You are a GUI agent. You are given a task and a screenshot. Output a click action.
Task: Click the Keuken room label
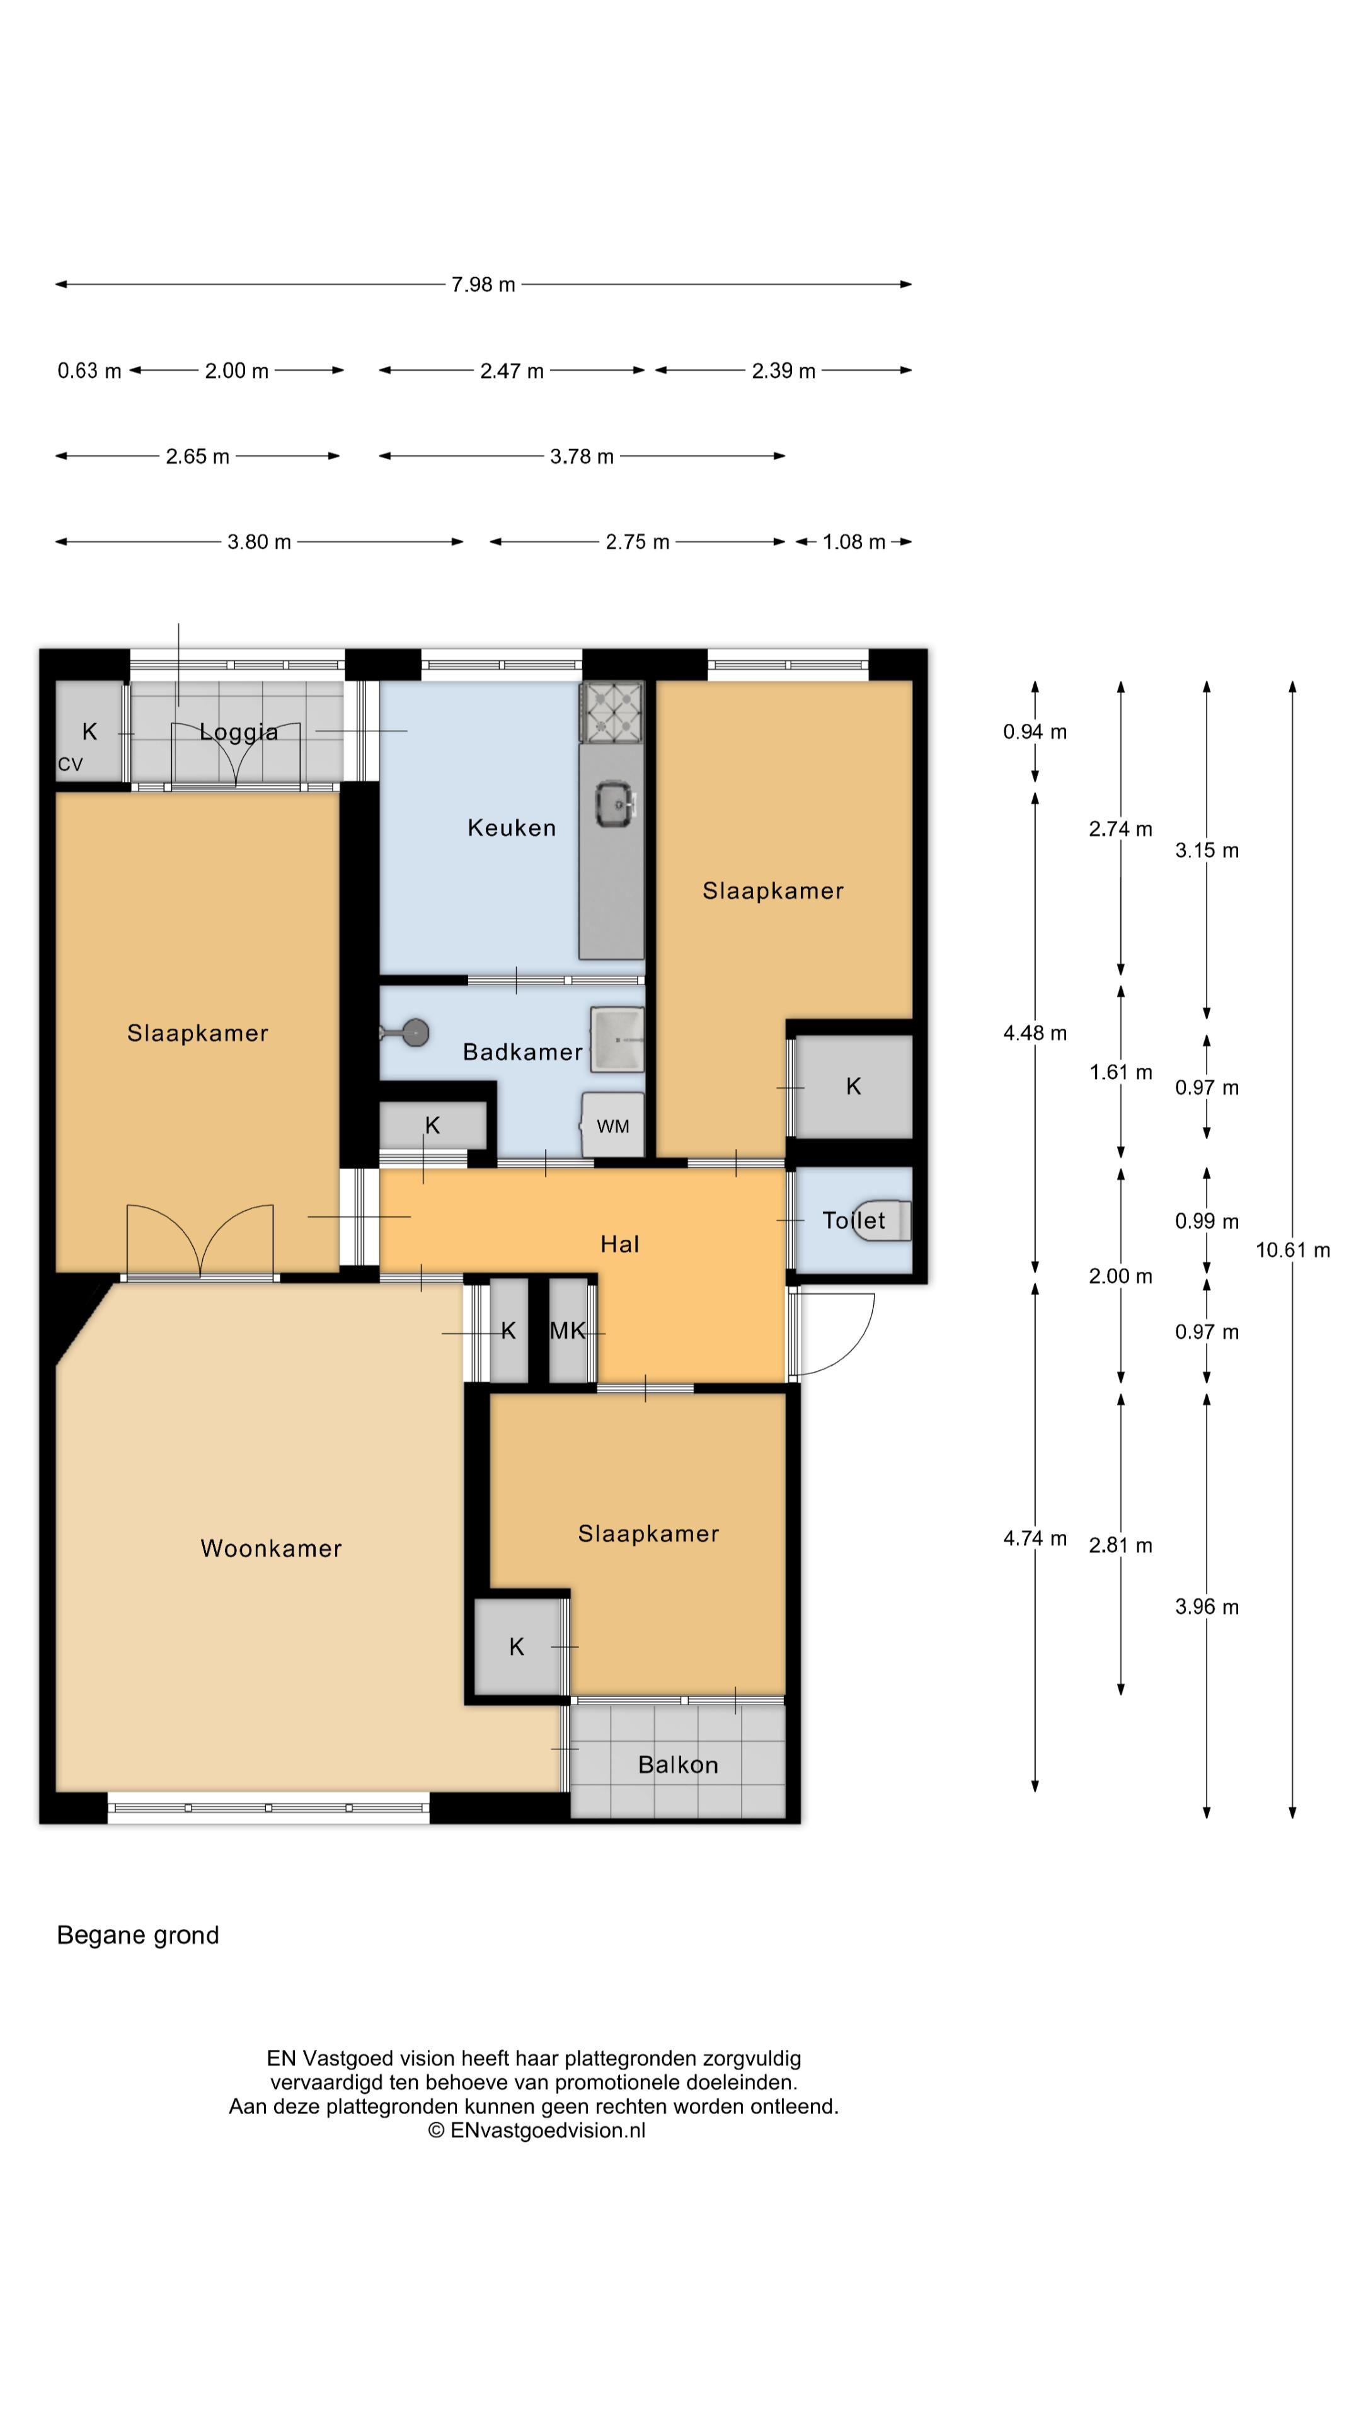point(511,827)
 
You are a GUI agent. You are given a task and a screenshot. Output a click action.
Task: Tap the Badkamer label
point(522,1052)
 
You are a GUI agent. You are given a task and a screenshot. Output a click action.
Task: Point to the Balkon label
point(677,1764)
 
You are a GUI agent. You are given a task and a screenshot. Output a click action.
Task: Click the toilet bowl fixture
point(884,1220)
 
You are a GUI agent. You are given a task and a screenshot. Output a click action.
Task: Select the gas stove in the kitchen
point(611,711)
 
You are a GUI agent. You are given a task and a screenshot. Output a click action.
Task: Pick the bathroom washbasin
point(617,1039)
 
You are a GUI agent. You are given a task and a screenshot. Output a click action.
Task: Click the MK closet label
point(567,1330)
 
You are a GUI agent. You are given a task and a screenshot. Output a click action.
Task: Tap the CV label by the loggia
point(71,764)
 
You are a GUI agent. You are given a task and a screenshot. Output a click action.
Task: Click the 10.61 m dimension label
point(1292,1250)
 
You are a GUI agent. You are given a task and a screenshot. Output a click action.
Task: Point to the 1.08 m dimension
point(854,542)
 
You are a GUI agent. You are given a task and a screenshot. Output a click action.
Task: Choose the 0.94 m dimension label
point(1035,731)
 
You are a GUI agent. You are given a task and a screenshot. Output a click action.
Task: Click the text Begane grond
point(138,1935)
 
